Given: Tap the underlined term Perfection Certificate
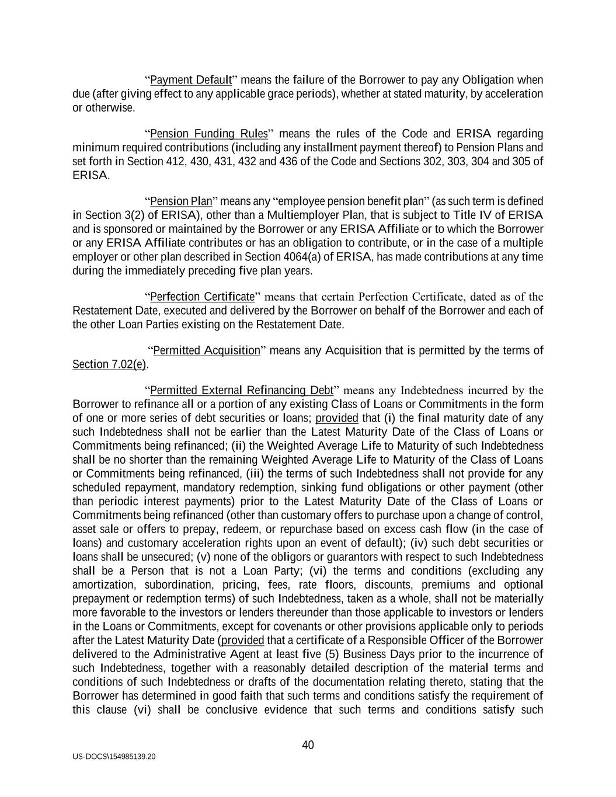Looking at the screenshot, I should click(x=202, y=297).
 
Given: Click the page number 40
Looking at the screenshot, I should click(x=308, y=745).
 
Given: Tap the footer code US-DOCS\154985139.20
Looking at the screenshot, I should click(x=114, y=757).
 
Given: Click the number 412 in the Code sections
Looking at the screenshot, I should click(x=175, y=161).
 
